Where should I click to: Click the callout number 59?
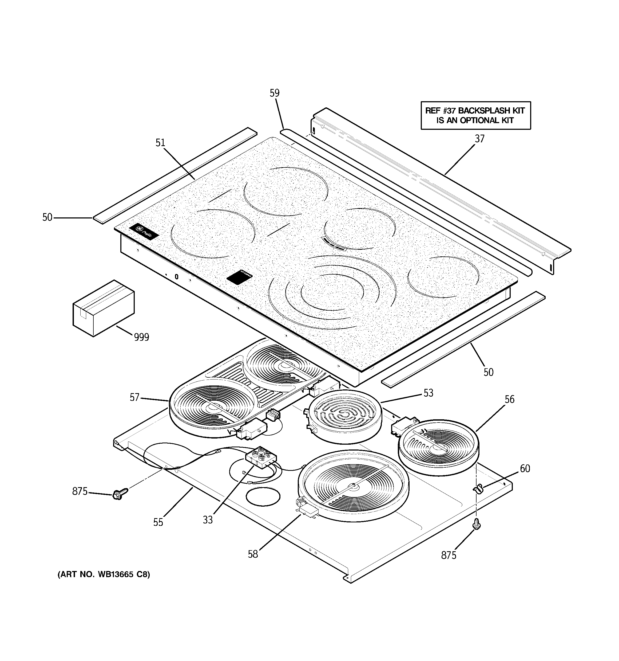(275, 93)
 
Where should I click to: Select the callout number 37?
(479, 139)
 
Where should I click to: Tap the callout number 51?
(160, 143)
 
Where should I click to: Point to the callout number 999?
(141, 338)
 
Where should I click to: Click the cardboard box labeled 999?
(103, 308)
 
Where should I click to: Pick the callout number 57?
(134, 398)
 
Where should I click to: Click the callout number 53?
(428, 393)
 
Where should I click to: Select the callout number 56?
(509, 399)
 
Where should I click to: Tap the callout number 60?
(525, 469)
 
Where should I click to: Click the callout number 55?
(158, 523)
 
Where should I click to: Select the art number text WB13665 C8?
(124, 574)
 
